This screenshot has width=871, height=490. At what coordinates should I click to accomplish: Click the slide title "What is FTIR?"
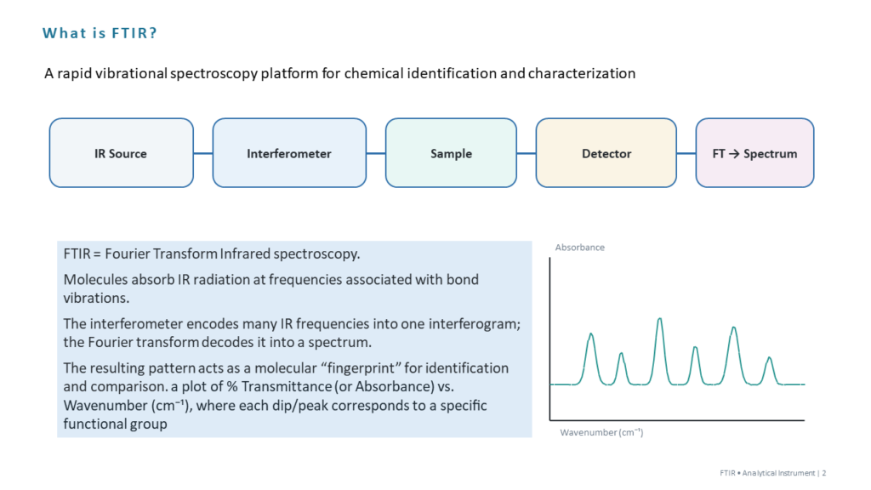tap(100, 33)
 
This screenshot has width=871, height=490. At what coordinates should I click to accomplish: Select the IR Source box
tap(121, 153)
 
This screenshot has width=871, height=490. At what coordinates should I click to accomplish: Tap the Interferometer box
tap(289, 153)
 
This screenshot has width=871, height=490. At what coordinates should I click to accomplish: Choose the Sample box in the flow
tap(451, 153)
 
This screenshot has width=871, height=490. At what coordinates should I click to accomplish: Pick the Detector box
tap(606, 153)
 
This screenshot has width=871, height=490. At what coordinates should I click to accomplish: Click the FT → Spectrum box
tap(755, 153)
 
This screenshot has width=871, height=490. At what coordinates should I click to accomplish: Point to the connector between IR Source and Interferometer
tap(203, 153)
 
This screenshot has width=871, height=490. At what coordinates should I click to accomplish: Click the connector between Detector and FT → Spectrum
tap(686, 153)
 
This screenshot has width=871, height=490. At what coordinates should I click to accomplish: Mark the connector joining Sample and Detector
tap(527, 153)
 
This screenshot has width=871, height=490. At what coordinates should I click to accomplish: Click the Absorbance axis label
tap(580, 248)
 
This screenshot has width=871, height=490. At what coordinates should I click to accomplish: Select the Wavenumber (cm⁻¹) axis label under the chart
tap(601, 432)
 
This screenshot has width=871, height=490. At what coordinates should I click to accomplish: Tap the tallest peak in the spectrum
tap(659, 319)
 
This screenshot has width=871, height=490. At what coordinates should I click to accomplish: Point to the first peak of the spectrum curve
tap(591, 334)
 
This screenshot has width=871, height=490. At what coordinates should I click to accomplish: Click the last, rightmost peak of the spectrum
tap(769, 358)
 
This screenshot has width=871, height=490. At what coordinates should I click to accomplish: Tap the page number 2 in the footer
tap(824, 473)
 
